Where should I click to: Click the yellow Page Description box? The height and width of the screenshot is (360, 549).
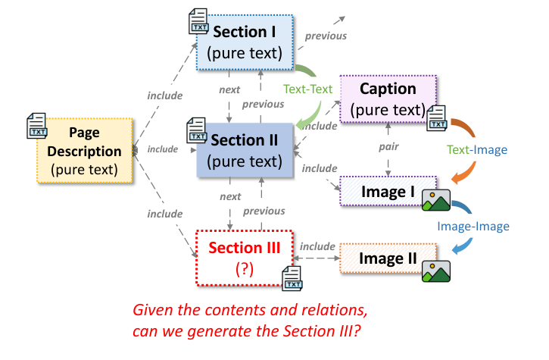click(x=85, y=151)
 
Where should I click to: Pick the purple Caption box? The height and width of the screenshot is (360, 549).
click(x=388, y=99)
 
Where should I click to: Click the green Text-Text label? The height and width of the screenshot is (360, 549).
click(x=307, y=89)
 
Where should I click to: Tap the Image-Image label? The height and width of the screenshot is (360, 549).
click(x=473, y=226)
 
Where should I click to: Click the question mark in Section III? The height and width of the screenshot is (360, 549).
click(x=245, y=268)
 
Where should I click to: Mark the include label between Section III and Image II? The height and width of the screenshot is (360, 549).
click(x=317, y=246)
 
